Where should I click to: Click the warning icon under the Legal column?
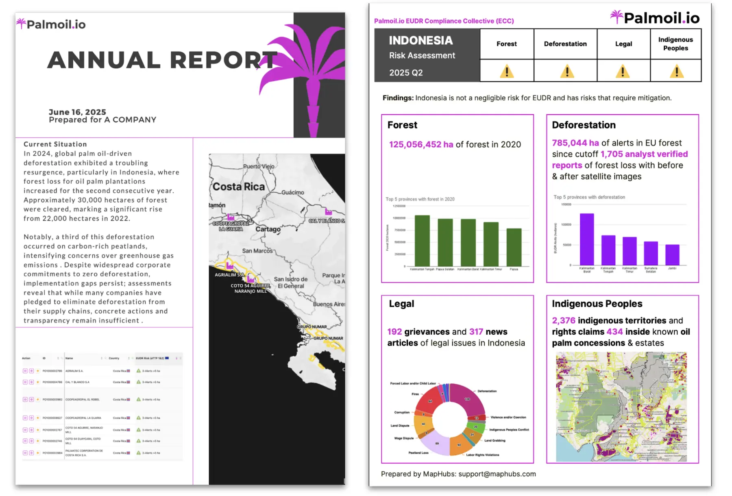[623, 72]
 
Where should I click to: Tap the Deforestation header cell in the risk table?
[565, 44]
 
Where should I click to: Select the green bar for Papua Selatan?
[445, 242]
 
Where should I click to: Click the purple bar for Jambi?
[672, 255]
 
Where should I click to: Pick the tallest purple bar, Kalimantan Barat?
[587, 239]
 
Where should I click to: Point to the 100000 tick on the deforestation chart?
[566, 224]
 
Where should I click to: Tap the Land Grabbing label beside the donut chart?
[495, 440]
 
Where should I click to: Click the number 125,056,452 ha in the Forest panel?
[421, 145]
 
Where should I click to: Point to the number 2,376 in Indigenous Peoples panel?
[563, 321]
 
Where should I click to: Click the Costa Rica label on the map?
[239, 187]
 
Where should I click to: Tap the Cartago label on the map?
[268, 229]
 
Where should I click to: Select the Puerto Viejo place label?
[259, 166]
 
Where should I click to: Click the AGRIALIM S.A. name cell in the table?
[74, 371]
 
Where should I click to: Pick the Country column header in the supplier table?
[114, 358]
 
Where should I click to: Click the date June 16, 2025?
[77, 112]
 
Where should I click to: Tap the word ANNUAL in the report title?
[104, 60]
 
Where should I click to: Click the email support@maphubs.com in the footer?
[497, 474]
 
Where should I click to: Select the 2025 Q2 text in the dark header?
[406, 73]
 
